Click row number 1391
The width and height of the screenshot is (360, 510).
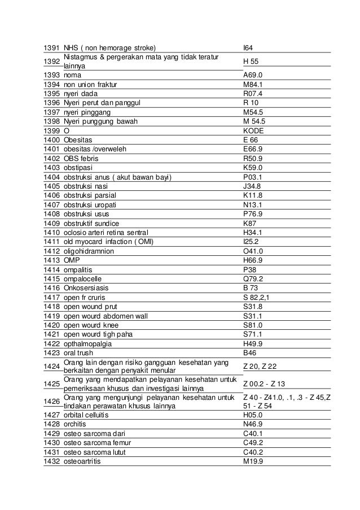click(x=52, y=48)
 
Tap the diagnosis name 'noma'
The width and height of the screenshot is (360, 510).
click(x=72, y=75)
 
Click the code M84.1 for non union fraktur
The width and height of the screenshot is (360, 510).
click(x=253, y=84)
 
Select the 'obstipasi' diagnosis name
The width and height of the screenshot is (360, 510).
click(x=78, y=168)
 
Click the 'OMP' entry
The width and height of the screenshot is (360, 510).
click(x=72, y=261)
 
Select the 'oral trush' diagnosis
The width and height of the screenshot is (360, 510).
click(x=80, y=352)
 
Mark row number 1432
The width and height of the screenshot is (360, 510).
click(x=52, y=461)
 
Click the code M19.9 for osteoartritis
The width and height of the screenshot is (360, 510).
click(x=253, y=461)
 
